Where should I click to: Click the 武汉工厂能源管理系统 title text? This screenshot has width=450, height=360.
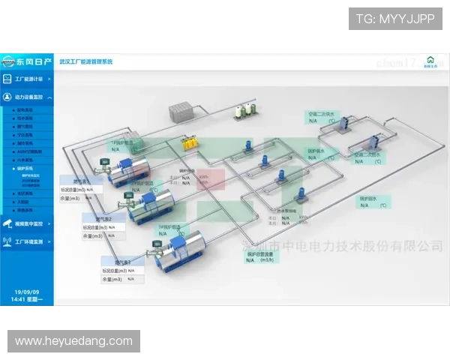point(85,61)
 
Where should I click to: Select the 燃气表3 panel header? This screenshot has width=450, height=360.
point(121,262)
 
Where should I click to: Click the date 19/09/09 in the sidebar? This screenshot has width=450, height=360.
point(27,292)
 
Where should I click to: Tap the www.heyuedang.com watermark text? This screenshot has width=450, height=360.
point(73,341)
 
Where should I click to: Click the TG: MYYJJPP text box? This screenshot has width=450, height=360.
point(395,18)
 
